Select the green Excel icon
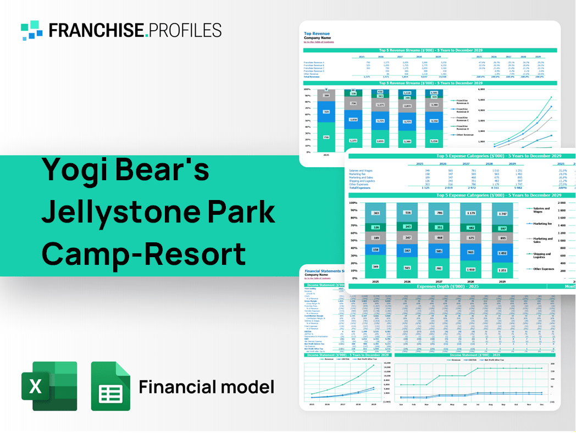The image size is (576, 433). pos(49,386)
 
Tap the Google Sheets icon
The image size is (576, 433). pos(110,386)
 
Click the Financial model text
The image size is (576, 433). pos(206,387)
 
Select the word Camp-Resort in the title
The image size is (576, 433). pos(143,253)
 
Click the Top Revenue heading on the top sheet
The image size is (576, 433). pos(316,34)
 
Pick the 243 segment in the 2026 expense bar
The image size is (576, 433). pos(407,226)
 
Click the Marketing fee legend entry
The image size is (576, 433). pos(542,224)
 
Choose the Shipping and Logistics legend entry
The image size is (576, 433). pos(542,256)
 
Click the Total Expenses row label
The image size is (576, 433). pos(361,188)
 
